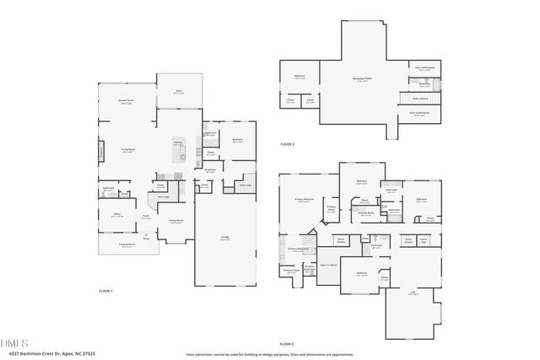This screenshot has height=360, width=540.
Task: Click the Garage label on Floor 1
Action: tap(225, 239)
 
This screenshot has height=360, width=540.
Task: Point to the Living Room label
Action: tap(128, 150)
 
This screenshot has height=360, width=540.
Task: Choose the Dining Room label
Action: tap(175, 221)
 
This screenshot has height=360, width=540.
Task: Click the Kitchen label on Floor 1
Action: tap(178, 143)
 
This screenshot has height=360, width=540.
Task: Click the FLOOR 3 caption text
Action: tap(288, 144)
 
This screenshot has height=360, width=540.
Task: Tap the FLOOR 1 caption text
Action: tap(105, 290)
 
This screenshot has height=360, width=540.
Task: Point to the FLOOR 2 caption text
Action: tap(287, 344)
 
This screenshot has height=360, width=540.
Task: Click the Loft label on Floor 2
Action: tap(413, 293)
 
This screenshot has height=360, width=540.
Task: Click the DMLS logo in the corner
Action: tap(16, 343)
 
